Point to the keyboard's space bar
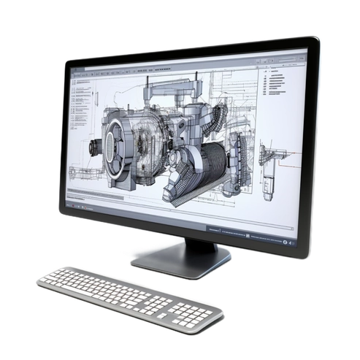tap(124, 302)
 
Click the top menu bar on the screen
tap(183, 68)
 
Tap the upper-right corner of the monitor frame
tap(315, 40)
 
